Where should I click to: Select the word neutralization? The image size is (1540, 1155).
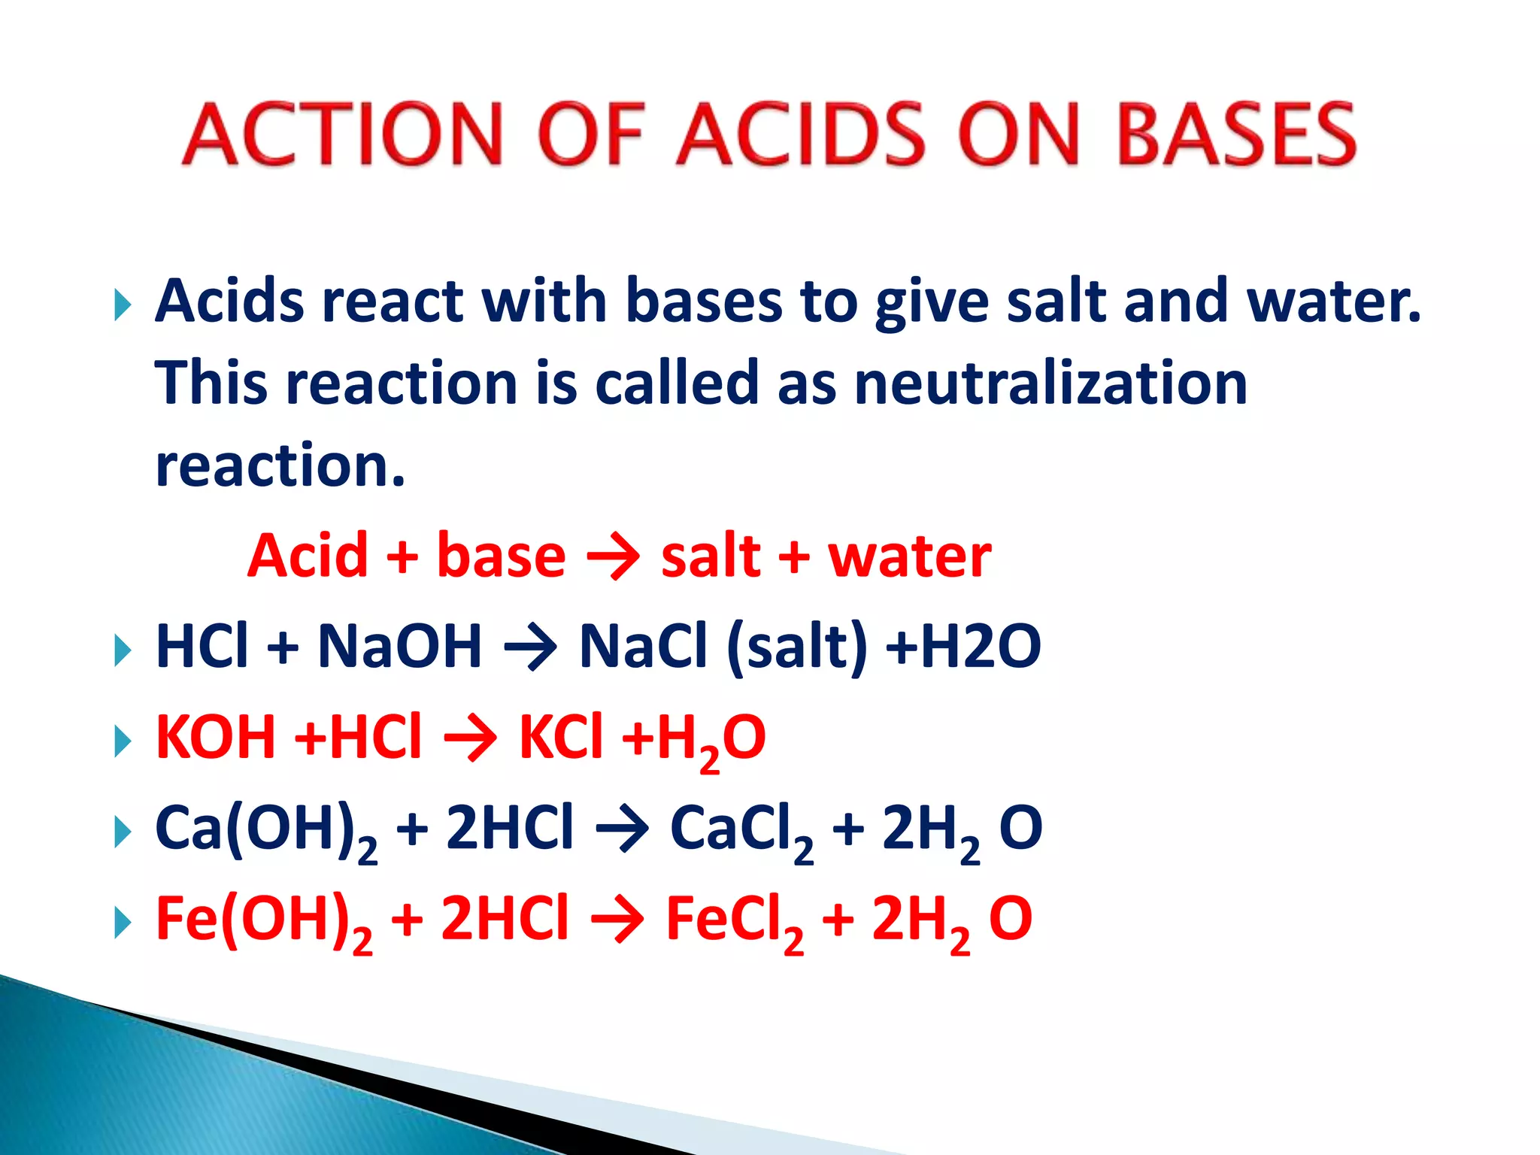click(1050, 383)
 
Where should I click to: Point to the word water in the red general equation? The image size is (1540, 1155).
click(909, 556)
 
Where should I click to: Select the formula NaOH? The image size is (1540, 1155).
click(399, 646)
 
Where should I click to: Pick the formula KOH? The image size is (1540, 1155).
click(216, 737)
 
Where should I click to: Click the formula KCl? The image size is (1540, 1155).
click(561, 737)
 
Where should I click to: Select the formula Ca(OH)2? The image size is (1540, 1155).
click(265, 830)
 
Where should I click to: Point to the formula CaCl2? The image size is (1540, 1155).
click(741, 830)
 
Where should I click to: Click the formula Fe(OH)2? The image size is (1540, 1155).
click(264, 920)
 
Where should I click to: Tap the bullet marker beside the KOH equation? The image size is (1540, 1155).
click(123, 741)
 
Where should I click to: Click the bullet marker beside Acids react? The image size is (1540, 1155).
click(123, 305)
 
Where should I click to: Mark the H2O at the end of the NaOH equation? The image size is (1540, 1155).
click(981, 646)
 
